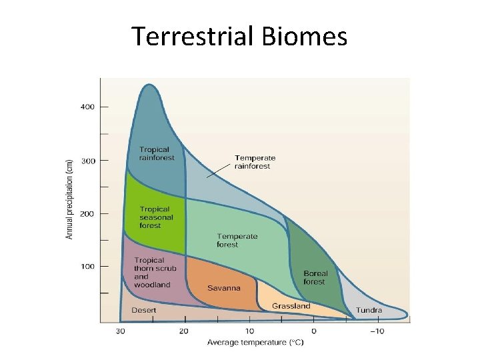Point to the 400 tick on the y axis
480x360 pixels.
coord(88,107)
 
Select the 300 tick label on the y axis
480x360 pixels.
coord(88,161)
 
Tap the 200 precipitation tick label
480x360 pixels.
coord(88,214)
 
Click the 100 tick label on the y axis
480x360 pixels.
coord(88,267)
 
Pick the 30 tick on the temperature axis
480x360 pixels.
coord(121,331)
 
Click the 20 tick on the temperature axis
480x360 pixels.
coord(184,331)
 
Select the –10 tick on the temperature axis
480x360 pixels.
coord(377,331)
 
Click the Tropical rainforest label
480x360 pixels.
coord(156,154)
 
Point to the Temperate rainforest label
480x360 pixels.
coord(255,162)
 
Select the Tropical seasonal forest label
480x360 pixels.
coord(156,217)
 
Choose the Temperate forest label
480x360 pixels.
coord(237,241)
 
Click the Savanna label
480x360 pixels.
coord(220,288)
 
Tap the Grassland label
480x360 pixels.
coord(291,306)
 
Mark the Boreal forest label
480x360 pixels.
coord(315,277)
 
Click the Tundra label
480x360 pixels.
coord(369,310)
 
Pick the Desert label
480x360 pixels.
coord(144,310)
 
